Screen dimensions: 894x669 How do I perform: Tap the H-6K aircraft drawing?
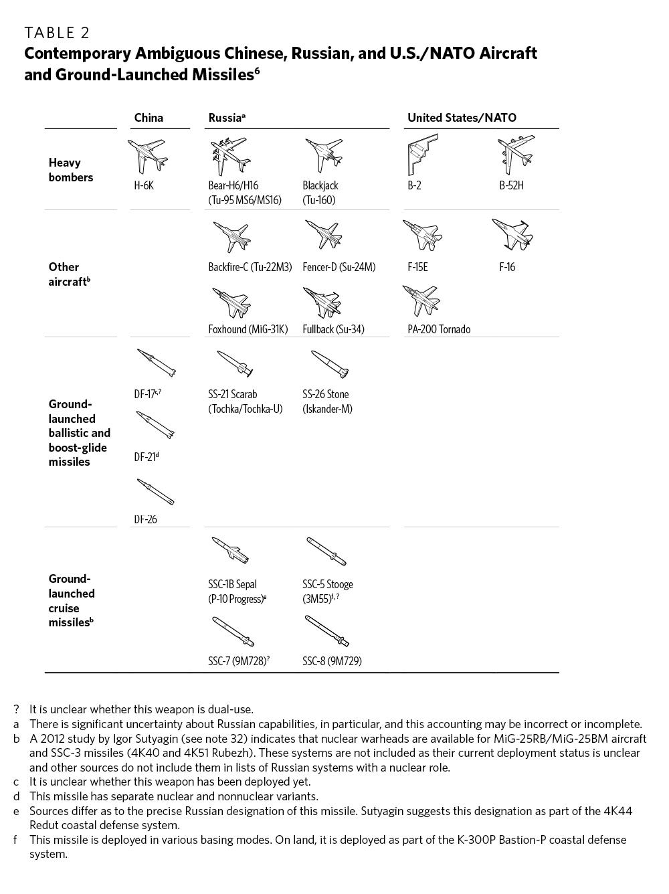147,155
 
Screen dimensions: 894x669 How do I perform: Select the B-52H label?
511,185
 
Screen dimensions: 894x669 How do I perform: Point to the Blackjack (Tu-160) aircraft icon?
324,155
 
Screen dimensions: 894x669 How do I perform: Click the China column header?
149,118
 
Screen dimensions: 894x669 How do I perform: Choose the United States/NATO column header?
462,118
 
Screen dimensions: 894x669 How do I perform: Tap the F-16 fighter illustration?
512,235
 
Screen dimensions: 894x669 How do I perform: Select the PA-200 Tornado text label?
438,329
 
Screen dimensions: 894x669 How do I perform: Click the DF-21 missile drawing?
155,424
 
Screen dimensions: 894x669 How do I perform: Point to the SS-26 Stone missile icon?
330,363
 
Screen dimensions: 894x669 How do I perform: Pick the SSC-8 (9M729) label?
332,661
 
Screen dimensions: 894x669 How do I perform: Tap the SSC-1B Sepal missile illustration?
230,549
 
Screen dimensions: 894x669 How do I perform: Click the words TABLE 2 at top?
57,33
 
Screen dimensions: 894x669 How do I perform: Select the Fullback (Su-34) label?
333,329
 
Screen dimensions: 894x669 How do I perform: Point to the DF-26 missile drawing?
155,491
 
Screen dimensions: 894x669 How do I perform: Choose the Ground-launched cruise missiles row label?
71,600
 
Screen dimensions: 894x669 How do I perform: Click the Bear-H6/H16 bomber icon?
229,155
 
